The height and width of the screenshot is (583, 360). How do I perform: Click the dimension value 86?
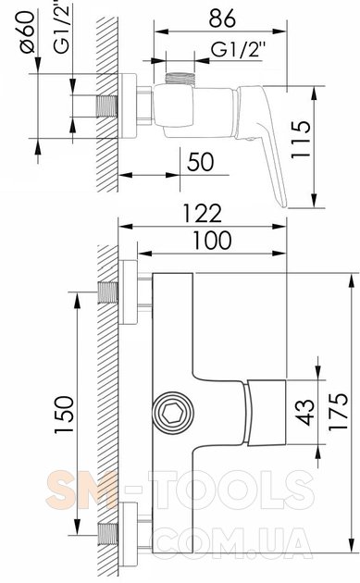point(222,19)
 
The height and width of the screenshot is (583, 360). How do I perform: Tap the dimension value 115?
point(300,140)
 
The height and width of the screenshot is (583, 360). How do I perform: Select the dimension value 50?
point(201,162)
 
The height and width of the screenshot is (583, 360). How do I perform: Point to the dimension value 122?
point(203,213)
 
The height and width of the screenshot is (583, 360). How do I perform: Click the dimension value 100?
point(212,241)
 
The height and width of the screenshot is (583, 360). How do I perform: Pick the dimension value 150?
point(64,415)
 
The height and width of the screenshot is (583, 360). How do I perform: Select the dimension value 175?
point(338,411)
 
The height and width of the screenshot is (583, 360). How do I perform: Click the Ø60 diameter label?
point(27,32)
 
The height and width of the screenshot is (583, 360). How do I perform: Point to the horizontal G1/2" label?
point(239,49)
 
